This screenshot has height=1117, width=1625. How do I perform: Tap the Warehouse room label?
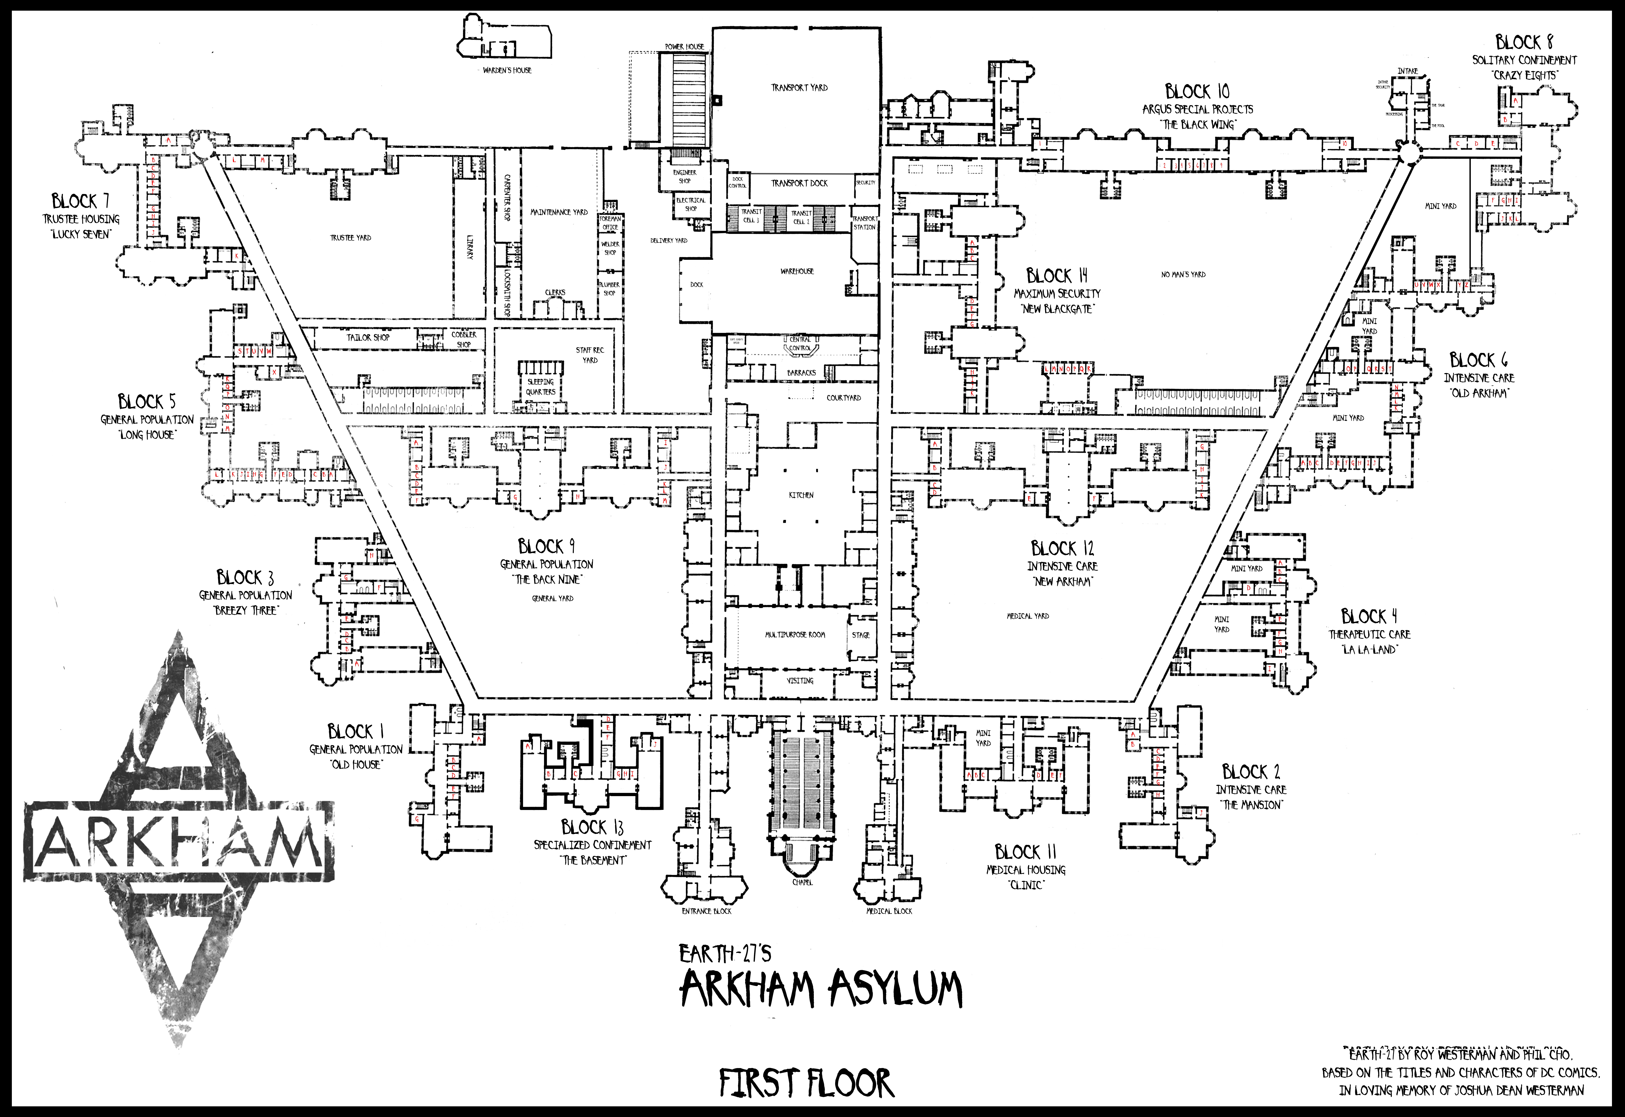pos(797,271)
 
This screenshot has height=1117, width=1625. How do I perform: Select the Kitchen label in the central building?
pos(801,495)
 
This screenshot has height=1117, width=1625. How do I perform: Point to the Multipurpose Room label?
pos(795,635)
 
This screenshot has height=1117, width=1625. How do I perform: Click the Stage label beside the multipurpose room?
pos(861,635)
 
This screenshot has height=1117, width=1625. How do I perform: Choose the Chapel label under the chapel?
pos(803,883)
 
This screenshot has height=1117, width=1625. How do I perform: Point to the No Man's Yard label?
pos(1183,274)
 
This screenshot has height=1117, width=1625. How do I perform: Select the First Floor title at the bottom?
pos(806,1083)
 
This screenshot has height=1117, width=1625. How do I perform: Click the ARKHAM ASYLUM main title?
pos(822,990)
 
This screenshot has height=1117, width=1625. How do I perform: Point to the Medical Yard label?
pos(1028,616)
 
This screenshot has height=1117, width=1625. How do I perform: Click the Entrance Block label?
pos(707,911)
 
